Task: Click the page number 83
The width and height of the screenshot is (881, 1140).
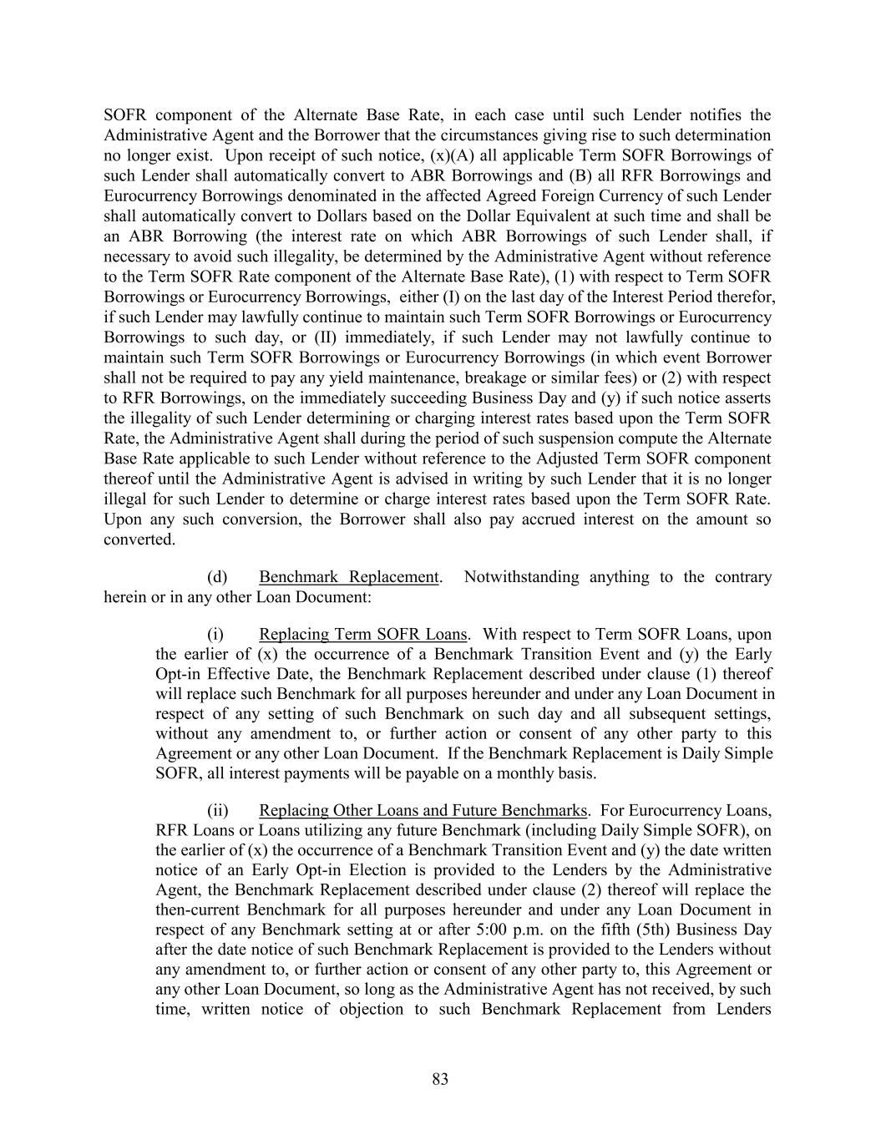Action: point(440,1079)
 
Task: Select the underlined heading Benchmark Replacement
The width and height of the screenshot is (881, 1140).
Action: point(348,577)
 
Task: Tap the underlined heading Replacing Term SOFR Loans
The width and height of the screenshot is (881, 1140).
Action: point(362,634)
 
